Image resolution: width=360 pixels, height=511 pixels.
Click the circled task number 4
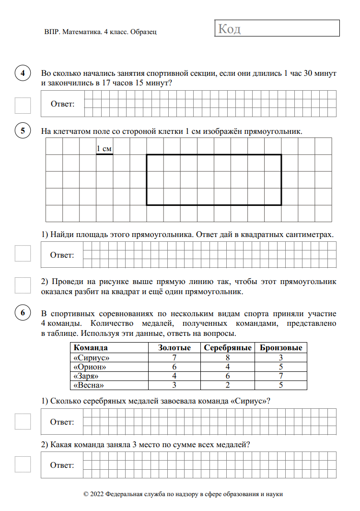tap(23, 74)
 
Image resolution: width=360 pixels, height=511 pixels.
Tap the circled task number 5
tap(23, 131)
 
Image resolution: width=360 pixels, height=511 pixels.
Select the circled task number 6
tap(23, 313)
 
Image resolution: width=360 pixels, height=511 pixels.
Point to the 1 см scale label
tap(104, 149)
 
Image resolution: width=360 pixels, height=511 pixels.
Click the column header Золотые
tap(174, 348)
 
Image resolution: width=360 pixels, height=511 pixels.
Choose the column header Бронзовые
tap(281, 348)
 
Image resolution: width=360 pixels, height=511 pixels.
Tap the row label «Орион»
tap(90, 367)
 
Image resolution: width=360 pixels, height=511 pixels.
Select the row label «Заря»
tap(86, 376)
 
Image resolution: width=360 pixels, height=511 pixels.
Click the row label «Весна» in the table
tap(88, 385)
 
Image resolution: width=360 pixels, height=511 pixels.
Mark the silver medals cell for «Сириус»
tap(228, 358)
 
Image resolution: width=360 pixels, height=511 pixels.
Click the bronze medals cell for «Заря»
tap(281, 376)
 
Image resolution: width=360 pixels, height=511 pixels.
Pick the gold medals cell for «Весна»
tap(174, 385)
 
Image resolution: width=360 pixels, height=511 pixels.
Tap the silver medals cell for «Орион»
tap(228, 367)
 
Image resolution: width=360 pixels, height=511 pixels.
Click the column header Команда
tap(91, 348)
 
